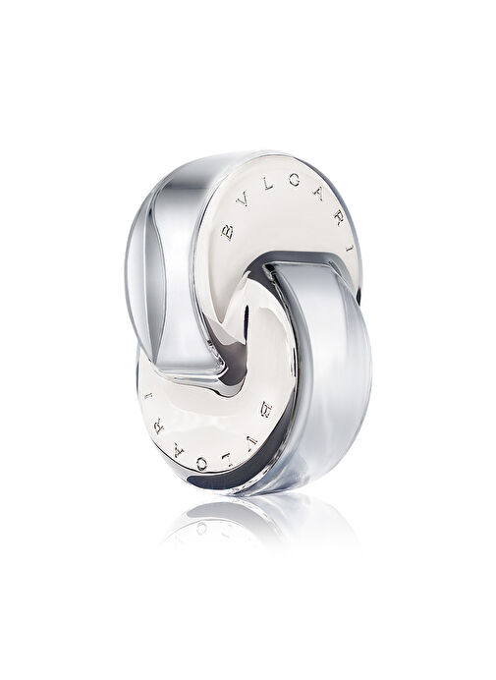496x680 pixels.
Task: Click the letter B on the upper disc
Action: (x=227, y=234)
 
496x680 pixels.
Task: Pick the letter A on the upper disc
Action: (x=321, y=193)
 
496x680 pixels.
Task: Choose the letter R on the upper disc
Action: (x=340, y=220)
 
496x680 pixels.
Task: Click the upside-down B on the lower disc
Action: (x=264, y=408)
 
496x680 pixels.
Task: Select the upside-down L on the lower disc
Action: (x=227, y=460)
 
